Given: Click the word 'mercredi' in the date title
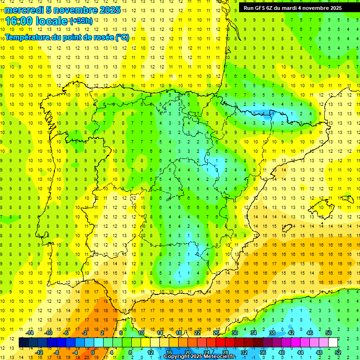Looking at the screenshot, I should [24, 10].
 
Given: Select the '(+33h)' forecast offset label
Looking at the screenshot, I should [81, 21].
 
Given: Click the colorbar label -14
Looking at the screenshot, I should [30, 333].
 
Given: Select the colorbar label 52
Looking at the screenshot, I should [338, 352].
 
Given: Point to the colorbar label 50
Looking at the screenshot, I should [329, 333].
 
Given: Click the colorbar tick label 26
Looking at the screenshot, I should [216, 333].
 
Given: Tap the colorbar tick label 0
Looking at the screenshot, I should [93, 352].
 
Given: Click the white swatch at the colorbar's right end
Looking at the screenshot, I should [333, 343].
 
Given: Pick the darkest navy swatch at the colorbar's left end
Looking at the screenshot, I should [23, 343].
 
